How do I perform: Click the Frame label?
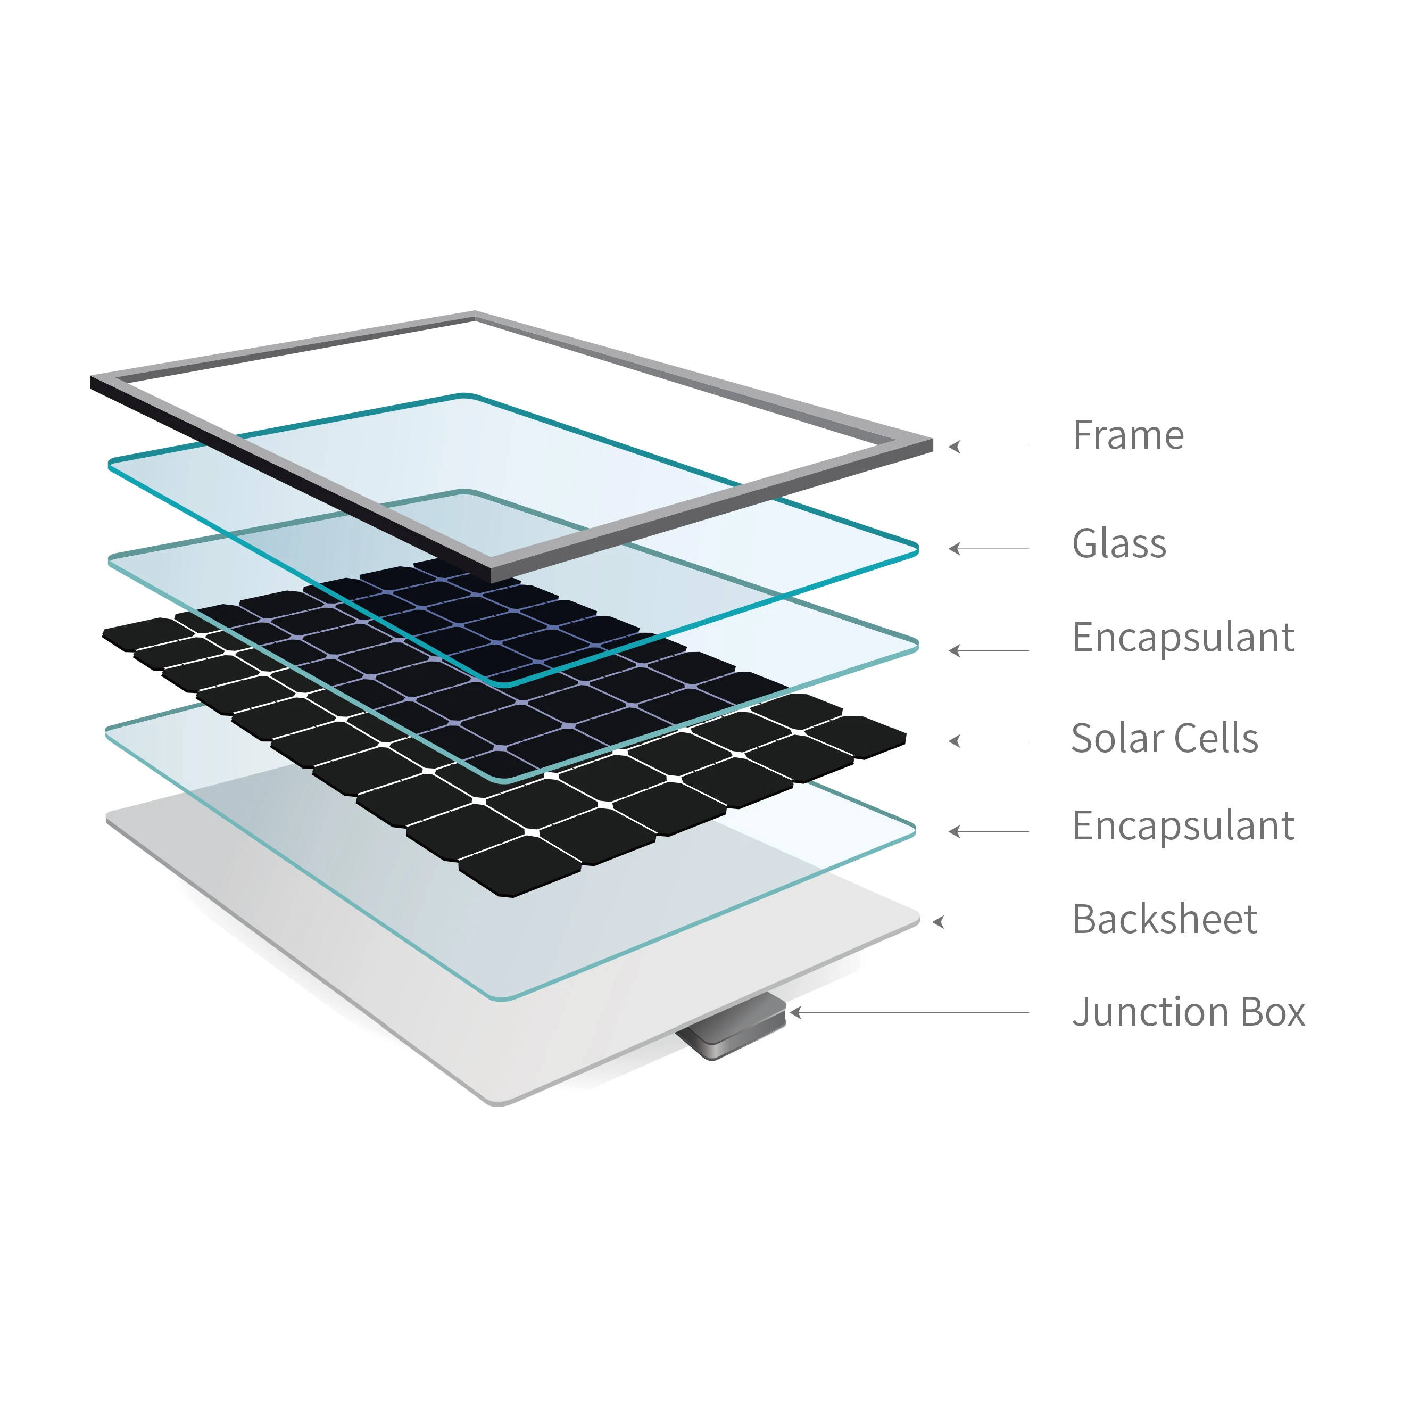1128,435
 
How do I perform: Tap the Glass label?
1118,544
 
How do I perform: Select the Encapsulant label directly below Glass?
1182,637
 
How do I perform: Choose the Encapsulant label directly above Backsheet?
1182,825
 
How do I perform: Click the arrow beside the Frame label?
989,446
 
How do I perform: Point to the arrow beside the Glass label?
989,548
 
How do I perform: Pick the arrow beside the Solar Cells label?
989,741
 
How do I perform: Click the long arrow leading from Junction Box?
909,1012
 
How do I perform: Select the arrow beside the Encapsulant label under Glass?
989,650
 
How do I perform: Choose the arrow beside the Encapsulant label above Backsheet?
989,831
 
